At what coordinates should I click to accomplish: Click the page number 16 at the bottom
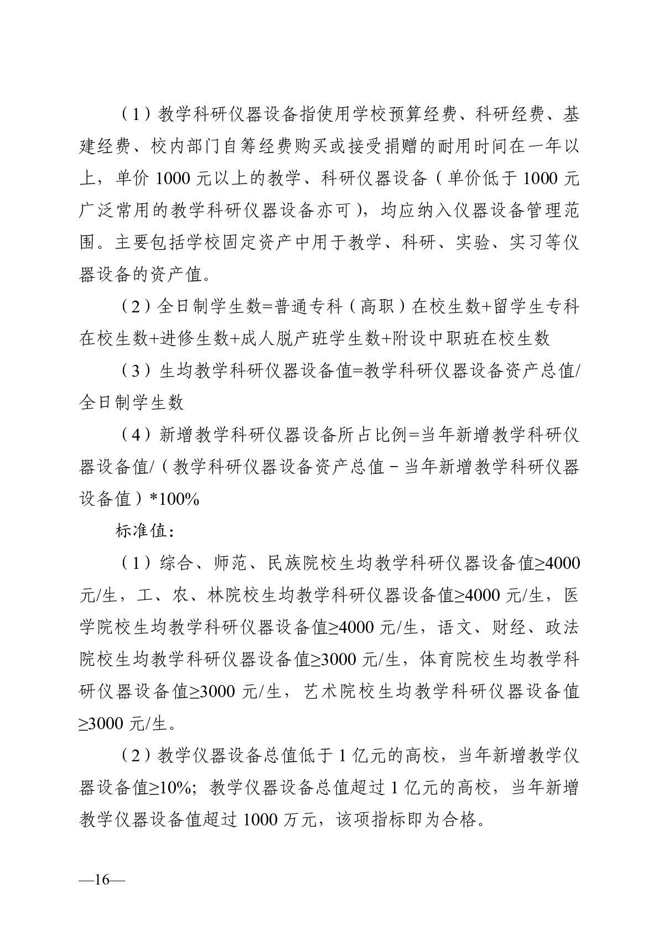pyautogui.click(x=102, y=879)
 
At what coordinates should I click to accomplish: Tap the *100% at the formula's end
pyautogui.click(x=174, y=499)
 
